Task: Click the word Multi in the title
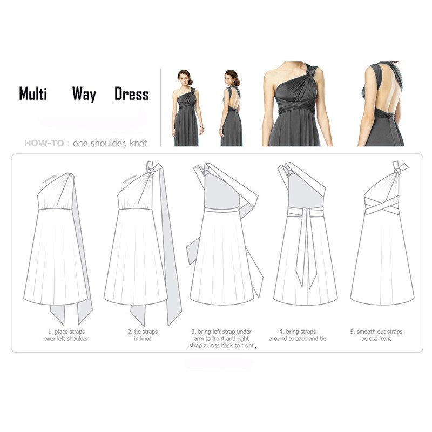click(33, 93)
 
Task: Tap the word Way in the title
click(84, 95)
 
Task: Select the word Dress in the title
click(131, 94)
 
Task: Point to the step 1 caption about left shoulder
click(66, 335)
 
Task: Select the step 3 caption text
click(221, 339)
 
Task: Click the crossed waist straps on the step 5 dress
click(382, 205)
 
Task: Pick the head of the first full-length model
click(185, 76)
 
